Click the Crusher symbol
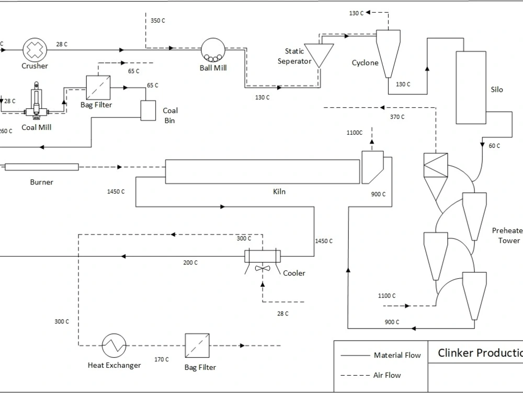coord(35,50)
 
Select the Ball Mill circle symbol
coord(213,50)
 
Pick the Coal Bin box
coord(149,110)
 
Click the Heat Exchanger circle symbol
coord(114,345)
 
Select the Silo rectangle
coord(470,87)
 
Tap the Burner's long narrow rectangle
coord(41,167)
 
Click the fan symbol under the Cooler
coord(263,269)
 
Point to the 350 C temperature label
coord(157,20)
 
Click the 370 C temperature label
coord(397,117)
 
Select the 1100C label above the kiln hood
coord(354,133)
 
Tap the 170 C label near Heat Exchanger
coord(162,359)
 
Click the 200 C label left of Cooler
coord(190,263)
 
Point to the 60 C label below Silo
coord(494,146)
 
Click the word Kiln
coord(279,192)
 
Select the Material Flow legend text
coord(397,355)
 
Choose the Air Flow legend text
coord(388,375)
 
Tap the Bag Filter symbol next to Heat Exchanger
coord(197,345)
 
